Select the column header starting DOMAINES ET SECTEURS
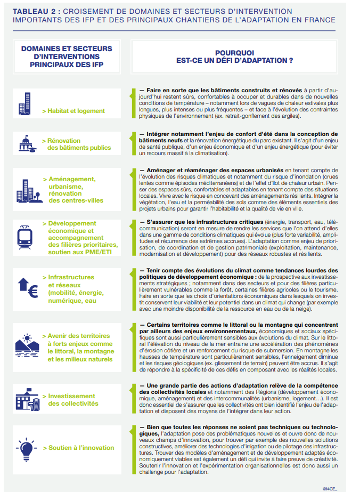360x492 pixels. [67, 57]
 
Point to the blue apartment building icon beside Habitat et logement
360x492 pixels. [25, 102]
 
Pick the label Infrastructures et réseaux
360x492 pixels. [74, 289]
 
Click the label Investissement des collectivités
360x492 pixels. [73, 400]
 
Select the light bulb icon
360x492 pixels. [25, 447]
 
